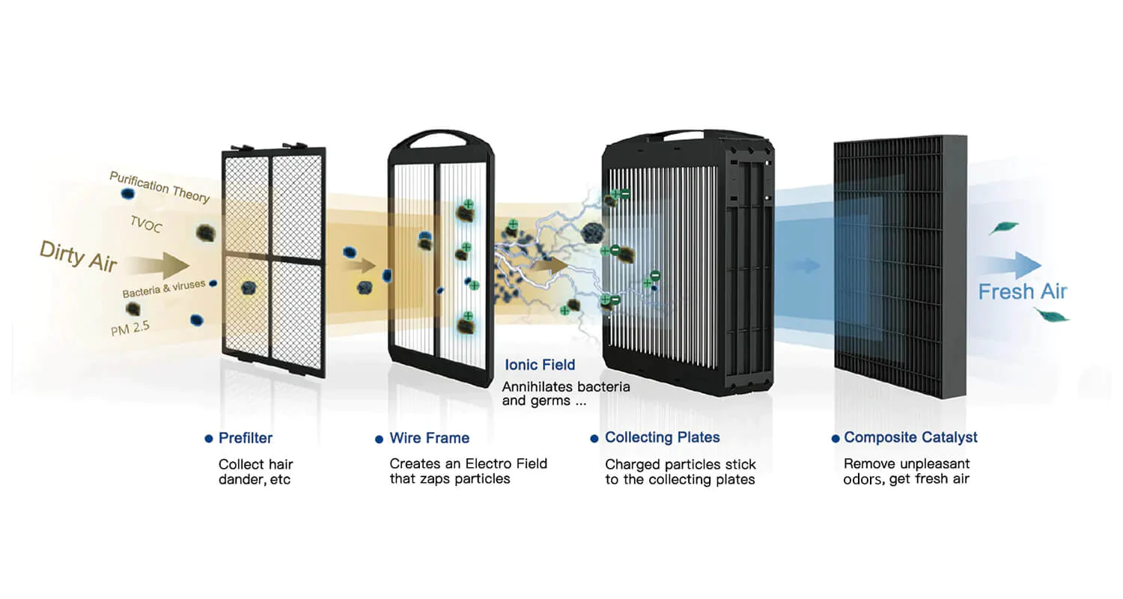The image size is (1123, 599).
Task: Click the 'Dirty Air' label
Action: [x=78, y=257]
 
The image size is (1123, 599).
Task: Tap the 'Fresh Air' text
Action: [x=1023, y=292]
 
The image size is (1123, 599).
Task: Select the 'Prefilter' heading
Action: [x=246, y=438]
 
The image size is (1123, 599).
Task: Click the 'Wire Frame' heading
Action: [x=430, y=438]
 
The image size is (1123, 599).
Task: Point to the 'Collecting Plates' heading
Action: [x=663, y=437]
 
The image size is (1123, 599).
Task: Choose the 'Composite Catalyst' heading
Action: [x=910, y=437]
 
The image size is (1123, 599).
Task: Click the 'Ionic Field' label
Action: [x=540, y=365]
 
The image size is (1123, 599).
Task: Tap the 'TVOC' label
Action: [x=146, y=224]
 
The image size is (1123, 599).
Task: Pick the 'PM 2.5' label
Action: [x=130, y=328]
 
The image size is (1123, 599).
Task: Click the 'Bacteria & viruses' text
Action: [x=164, y=289]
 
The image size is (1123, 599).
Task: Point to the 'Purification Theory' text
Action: [x=159, y=187]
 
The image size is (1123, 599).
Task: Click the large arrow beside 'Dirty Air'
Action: [x=158, y=265]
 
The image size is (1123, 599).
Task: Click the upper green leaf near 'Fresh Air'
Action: [x=1004, y=228]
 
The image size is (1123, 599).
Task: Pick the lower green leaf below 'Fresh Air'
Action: [x=1051, y=315]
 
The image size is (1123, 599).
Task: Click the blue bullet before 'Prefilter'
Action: [x=209, y=439]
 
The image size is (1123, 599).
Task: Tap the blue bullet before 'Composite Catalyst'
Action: [x=836, y=439]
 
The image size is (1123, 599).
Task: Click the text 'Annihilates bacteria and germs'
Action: [x=566, y=394]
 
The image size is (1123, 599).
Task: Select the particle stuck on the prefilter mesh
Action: [x=249, y=288]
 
